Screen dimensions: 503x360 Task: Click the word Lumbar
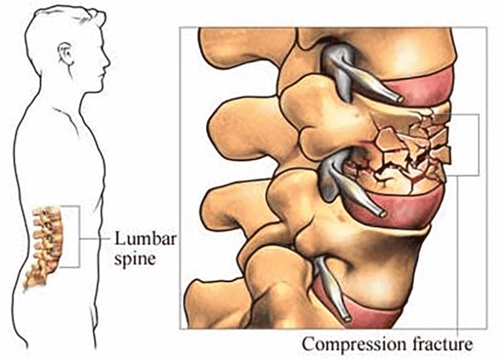pyautogui.click(x=145, y=239)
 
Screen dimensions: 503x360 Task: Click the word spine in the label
pyautogui.click(x=135, y=259)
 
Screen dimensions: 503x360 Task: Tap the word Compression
pyautogui.click(x=354, y=345)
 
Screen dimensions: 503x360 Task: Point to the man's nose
pyautogui.click(x=107, y=63)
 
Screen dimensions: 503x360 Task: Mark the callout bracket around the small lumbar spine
pyautogui.click(x=79, y=236)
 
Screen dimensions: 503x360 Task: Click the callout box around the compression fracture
pyautogui.click(x=479, y=144)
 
